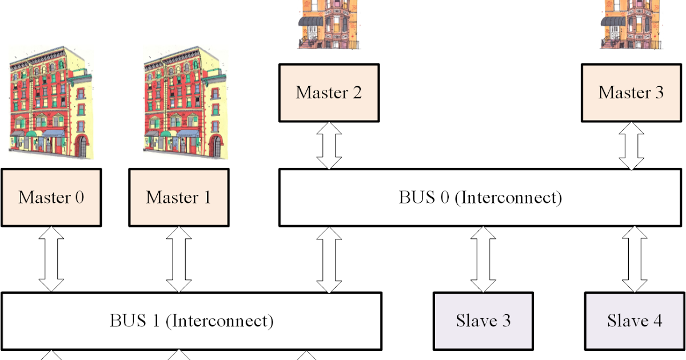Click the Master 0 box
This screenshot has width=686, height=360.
point(51,197)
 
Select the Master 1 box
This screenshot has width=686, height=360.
point(178,197)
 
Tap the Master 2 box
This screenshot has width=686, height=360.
point(329,93)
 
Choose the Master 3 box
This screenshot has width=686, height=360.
point(631,93)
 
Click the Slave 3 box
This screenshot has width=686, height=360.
point(483,321)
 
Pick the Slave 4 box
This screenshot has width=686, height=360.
point(635,321)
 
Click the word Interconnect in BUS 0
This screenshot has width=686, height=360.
point(511,198)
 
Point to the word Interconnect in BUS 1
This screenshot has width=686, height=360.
point(222,321)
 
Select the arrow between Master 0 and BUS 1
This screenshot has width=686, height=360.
point(51,259)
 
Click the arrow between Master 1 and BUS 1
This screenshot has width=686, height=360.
point(178,259)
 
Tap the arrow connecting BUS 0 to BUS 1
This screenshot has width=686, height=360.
point(329,259)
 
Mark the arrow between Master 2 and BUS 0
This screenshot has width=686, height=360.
point(329,145)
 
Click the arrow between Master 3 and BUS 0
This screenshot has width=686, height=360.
point(632,145)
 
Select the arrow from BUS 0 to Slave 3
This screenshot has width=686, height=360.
point(483,259)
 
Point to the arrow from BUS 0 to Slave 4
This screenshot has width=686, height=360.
point(635,259)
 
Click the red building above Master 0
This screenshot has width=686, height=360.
point(50,103)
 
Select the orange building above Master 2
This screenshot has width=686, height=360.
point(328,24)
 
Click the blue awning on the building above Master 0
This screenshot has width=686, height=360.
point(54,134)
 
